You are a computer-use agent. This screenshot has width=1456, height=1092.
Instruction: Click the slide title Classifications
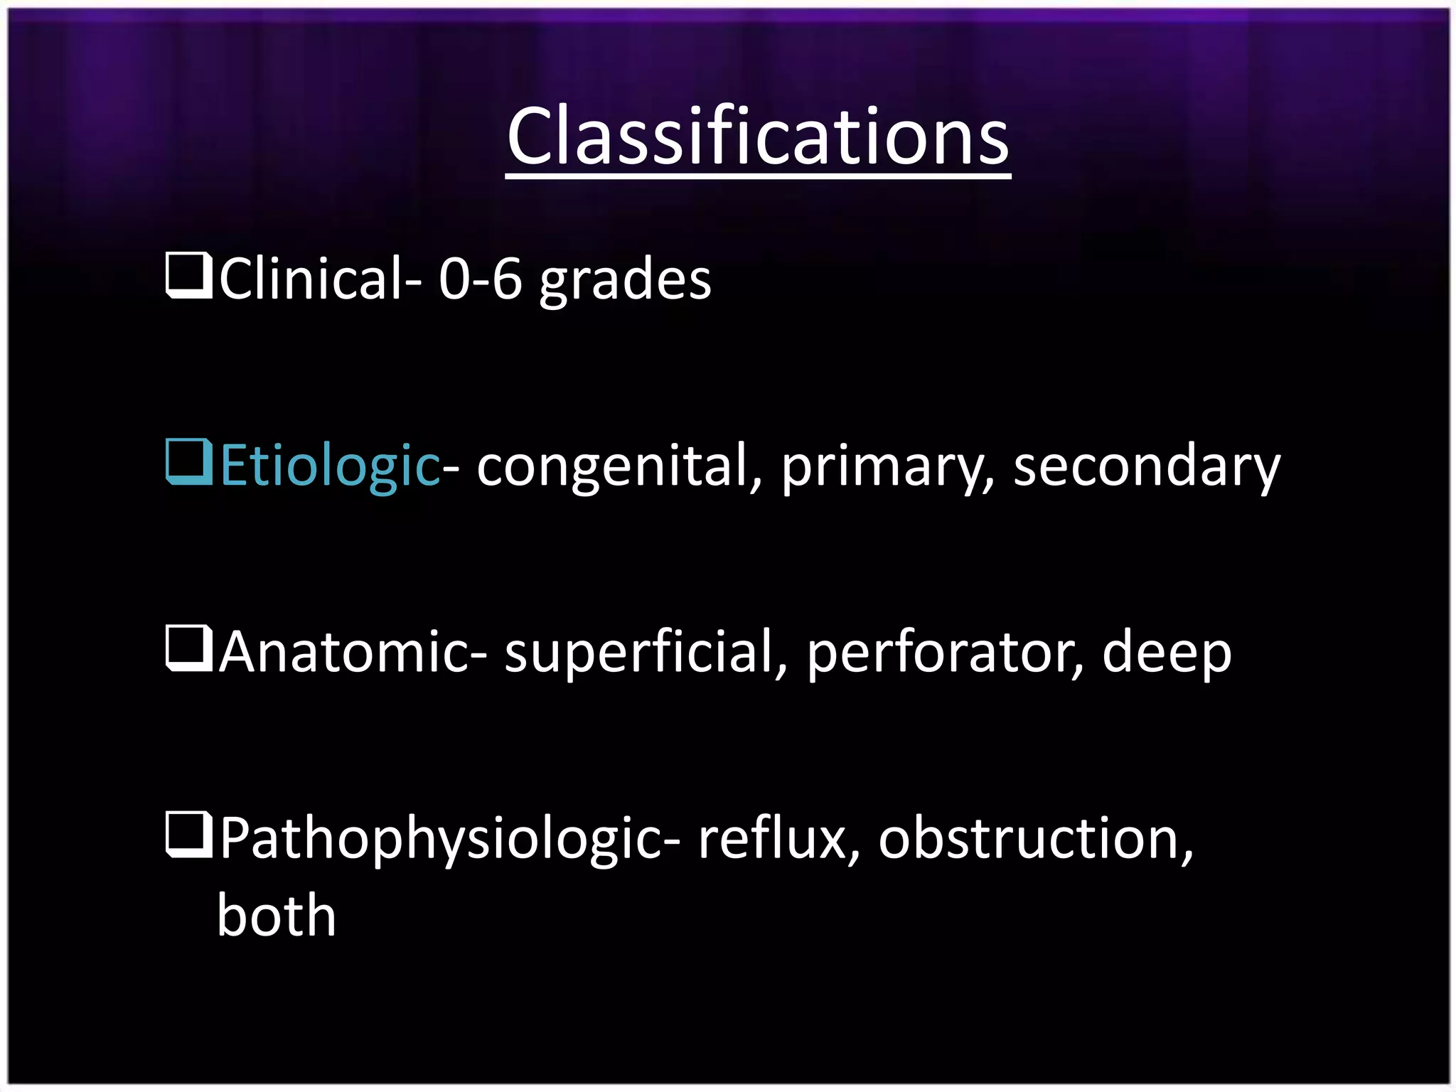coord(758,136)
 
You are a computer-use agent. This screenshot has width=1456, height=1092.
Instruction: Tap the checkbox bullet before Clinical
coord(188,275)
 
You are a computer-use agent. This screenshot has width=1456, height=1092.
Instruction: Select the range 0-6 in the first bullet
coord(480,279)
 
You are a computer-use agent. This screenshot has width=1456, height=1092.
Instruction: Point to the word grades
coord(625,282)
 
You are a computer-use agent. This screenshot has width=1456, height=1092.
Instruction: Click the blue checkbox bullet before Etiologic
coord(188,461)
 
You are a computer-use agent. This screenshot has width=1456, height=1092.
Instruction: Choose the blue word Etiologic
coord(330,466)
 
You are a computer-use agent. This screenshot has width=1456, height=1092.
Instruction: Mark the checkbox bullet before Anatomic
coord(188,648)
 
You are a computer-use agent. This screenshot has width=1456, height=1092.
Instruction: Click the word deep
coord(1166,653)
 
